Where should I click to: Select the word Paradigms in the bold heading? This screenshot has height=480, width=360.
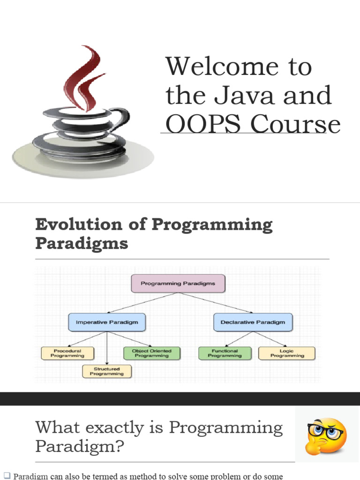[x=82, y=244]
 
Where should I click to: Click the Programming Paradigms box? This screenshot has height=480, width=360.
[x=178, y=284]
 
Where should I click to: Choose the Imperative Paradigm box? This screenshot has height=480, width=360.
[x=106, y=322]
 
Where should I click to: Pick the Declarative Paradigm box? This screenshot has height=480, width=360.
[x=253, y=322]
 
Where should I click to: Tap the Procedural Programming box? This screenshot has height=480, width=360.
[x=67, y=353]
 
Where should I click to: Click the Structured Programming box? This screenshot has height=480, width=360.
[x=107, y=371]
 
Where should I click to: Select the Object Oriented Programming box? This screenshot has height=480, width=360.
[x=151, y=353]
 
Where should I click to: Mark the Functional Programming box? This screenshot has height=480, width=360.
[x=225, y=353]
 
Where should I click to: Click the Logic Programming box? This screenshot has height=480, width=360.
[x=287, y=353]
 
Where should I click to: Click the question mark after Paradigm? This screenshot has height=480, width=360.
[x=119, y=447]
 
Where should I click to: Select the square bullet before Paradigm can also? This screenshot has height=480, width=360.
[x=7, y=476]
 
